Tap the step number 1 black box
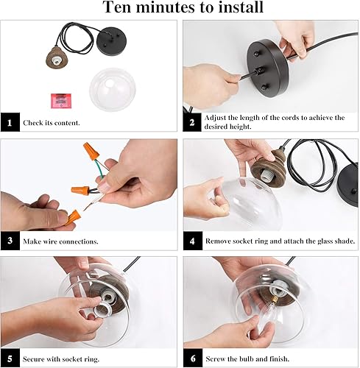click(10, 122)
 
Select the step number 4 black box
click(193, 241)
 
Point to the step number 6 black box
click(193, 358)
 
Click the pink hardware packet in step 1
click(61, 101)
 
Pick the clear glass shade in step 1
click(113, 89)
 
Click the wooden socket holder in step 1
click(57, 58)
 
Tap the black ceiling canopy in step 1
click(111, 41)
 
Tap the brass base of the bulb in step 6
click(274, 300)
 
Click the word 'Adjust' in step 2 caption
click(215, 118)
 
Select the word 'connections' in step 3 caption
click(79, 241)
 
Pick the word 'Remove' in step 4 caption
click(218, 241)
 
